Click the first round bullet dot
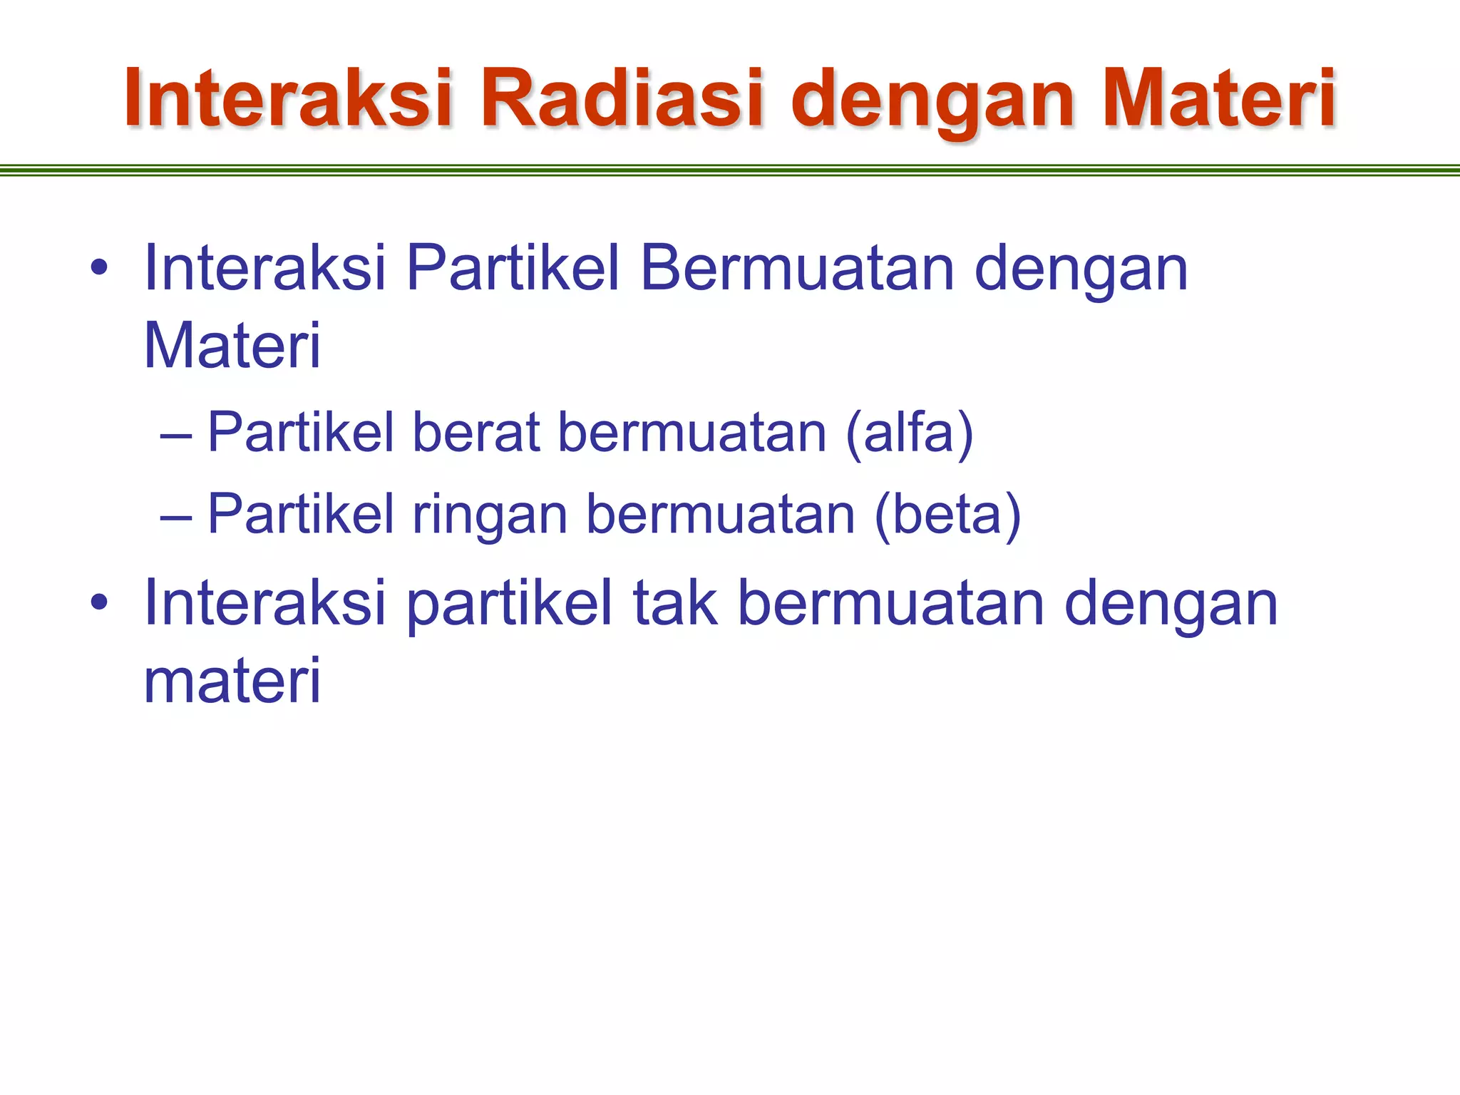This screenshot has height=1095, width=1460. [99, 269]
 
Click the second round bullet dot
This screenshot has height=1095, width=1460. [99, 603]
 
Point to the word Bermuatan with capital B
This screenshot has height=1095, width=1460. [797, 269]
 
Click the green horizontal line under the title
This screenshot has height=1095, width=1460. [730, 170]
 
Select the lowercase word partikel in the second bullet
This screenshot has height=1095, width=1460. [509, 605]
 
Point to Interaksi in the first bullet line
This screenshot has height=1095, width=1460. [264, 269]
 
